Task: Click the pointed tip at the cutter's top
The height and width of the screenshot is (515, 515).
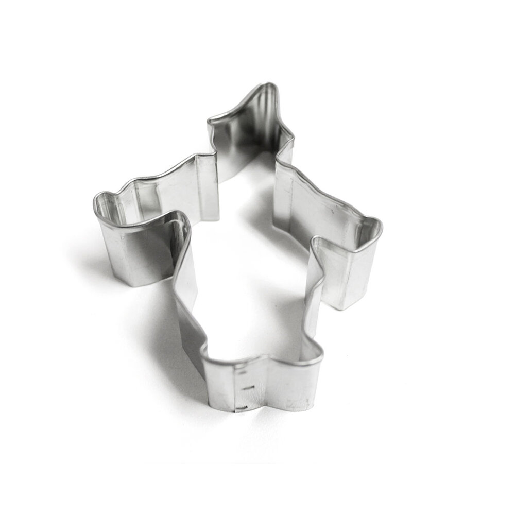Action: (269, 84)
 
